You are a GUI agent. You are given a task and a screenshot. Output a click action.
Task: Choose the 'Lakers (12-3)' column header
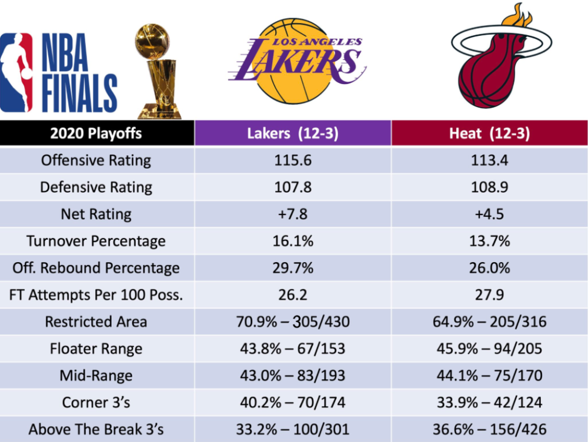pyautogui.click(x=292, y=133)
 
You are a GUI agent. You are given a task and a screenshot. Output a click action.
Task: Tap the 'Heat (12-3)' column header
pyautogui.click(x=490, y=133)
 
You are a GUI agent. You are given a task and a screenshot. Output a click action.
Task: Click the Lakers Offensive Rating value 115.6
pyautogui.click(x=292, y=160)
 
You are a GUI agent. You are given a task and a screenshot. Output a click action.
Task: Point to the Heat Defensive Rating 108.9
pyautogui.click(x=490, y=187)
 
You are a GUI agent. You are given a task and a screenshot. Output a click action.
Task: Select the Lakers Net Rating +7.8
pyautogui.click(x=292, y=215)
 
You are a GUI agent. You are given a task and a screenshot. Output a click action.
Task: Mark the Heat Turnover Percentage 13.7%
pyautogui.click(x=490, y=241)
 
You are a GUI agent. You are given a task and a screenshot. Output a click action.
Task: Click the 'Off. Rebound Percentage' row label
pyautogui.click(x=96, y=268)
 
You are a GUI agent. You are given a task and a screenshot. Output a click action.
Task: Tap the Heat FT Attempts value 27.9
pyautogui.click(x=490, y=295)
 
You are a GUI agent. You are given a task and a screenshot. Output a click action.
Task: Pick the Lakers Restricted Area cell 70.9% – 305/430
pyautogui.click(x=292, y=322)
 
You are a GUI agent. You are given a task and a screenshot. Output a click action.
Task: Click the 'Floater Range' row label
pyautogui.click(x=96, y=349)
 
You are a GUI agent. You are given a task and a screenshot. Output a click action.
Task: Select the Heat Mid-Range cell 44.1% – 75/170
pyautogui.click(x=490, y=376)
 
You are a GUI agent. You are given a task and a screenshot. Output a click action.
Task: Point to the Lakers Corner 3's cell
pyautogui.click(x=292, y=403)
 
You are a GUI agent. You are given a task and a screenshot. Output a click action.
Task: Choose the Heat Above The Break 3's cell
pyautogui.click(x=490, y=430)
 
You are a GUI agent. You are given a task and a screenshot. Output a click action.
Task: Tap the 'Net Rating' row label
pyautogui.click(x=96, y=215)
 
